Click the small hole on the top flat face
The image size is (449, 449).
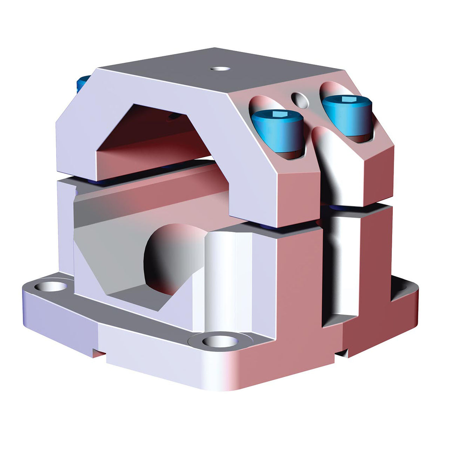220,69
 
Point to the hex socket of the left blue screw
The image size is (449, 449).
278,114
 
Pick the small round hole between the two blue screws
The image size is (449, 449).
301,100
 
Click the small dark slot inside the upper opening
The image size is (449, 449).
173,117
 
